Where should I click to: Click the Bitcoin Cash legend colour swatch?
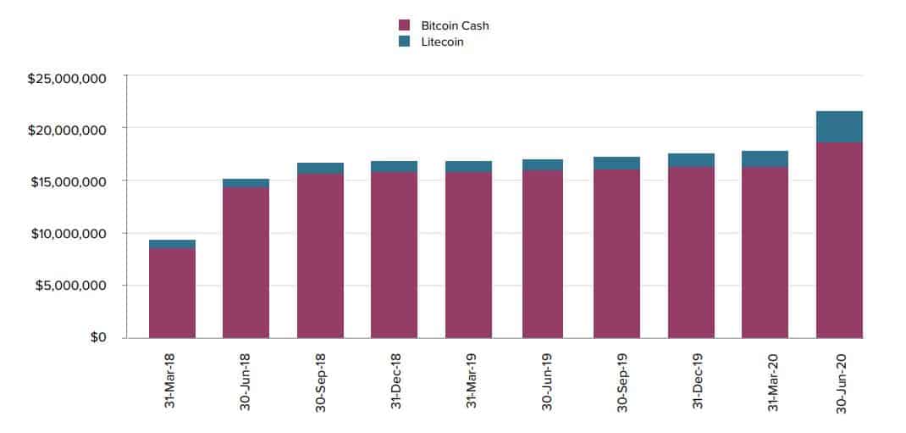click(x=404, y=25)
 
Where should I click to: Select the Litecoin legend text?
click(x=442, y=42)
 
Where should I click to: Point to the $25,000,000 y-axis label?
click(x=67, y=79)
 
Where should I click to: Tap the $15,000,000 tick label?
click(x=67, y=181)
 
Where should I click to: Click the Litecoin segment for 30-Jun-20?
click(x=839, y=127)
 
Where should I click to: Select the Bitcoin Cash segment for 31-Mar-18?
click(x=172, y=293)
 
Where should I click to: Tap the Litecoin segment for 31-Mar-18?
click(x=172, y=244)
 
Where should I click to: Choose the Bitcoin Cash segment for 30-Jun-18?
click(x=246, y=263)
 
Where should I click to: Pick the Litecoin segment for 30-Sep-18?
click(x=320, y=168)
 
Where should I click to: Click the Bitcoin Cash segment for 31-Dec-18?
click(x=394, y=255)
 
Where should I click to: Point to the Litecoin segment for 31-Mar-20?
click(x=765, y=158)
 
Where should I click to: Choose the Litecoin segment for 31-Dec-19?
click(x=691, y=160)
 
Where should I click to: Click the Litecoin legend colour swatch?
click(x=404, y=42)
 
